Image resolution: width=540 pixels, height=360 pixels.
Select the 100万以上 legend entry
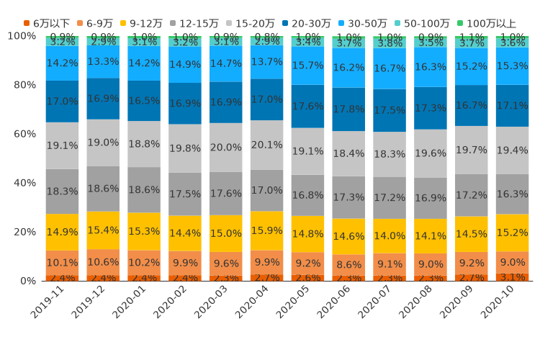[491, 24]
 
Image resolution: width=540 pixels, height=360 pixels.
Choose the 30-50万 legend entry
[368, 24]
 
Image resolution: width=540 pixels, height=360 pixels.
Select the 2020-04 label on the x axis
[253, 302]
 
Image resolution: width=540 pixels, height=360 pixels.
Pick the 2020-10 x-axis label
[498, 302]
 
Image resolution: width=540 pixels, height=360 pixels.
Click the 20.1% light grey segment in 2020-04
[266, 145]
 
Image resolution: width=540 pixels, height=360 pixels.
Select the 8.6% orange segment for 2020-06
[348, 264]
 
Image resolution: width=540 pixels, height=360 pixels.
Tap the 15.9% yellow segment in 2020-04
[266, 230]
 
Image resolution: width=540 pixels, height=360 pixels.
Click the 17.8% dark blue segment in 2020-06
[348, 109]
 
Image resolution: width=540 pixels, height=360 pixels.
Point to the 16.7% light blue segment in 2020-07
[390, 69]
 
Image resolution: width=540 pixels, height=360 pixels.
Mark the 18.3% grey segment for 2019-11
[62, 192]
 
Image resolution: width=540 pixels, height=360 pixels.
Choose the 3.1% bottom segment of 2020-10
[512, 276]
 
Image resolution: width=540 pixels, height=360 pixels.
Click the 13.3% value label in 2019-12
[103, 62]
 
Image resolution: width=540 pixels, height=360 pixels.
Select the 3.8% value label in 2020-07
[390, 43]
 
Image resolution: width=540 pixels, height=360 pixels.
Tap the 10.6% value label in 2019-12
[103, 262]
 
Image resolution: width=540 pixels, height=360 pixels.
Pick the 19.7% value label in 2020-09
[471, 150]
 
